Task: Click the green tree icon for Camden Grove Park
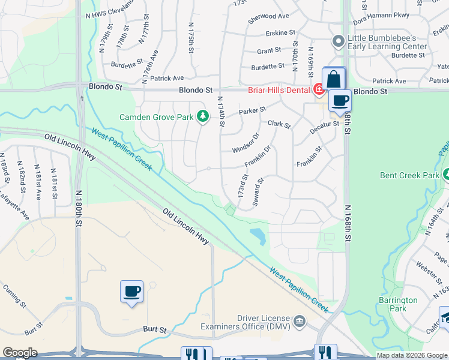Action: coord(203,116)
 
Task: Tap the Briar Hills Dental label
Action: coord(279,91)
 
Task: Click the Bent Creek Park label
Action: coord(409,176)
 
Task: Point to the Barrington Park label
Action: coord(398,304)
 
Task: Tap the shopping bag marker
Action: coord(334,79)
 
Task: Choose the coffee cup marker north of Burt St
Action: coord(131,292)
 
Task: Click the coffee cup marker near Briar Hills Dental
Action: coord(340,101)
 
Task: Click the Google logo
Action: coord(20,353)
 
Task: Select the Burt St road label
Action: coord(154,329)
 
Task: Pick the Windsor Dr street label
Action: coord(246,142)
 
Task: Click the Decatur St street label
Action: coord(325,127)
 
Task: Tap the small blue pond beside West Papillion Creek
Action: coord(259,236)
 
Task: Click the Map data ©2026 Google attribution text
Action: coord(411,355)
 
